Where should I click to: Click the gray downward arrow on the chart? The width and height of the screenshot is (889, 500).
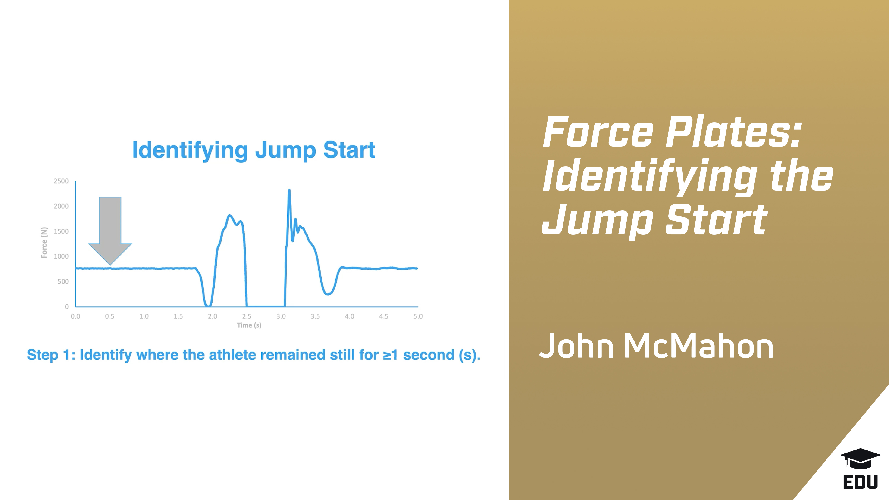pyautogui.click(x=110, y=228)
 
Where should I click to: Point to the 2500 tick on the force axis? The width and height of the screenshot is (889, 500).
pyautogui.click(x=61, y=181)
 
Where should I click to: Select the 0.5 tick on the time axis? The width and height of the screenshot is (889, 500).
pyautogui.click(x=110, y=316)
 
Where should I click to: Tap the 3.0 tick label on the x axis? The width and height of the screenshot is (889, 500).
pyautogui.click(x=281, y=316)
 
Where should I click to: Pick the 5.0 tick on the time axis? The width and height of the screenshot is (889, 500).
pyautogui.click(x=418, y=316)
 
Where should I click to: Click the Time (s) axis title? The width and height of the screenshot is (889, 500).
pyautogui.click(x=249, y=325)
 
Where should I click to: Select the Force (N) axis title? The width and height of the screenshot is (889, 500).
pyautogui.click(x=44, y=243)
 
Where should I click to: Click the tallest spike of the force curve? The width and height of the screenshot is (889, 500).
pyautogui.click(x=289, y=191)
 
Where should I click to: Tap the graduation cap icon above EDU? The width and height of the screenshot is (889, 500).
pyautogui.click(x=860, y=458)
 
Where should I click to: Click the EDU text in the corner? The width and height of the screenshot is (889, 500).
pyautogui.click(x=860, y=482)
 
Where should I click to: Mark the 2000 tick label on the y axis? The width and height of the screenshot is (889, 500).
pyautogui.click(x=61, y=206)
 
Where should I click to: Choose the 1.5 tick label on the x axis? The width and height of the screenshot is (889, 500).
pyautogui.click(x=178, y=316)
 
